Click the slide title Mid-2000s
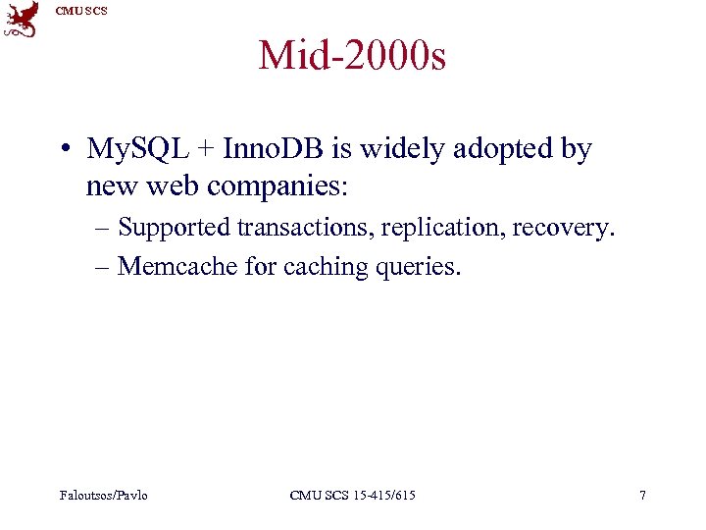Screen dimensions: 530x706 [352, 56]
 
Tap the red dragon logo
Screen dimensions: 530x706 [21, 20]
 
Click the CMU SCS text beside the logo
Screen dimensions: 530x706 [81, 11]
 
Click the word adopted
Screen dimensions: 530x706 [487, 149]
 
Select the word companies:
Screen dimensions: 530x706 [280, 185]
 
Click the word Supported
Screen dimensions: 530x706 [174, 228]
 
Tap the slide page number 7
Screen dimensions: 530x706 [642, 496]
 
